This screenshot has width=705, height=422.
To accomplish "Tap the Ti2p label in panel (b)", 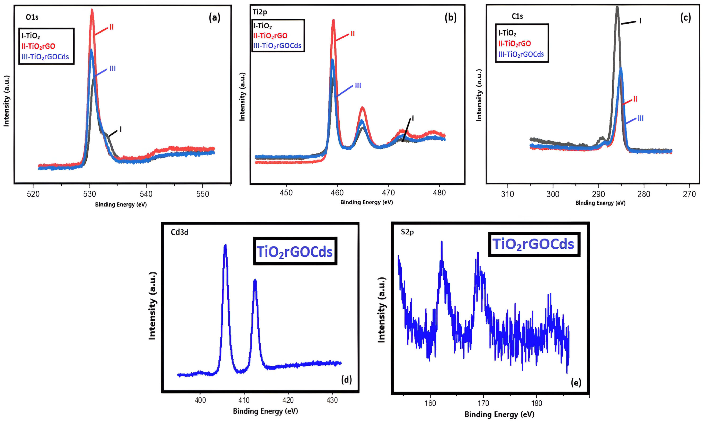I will pyautogui.click(x=260, y=12).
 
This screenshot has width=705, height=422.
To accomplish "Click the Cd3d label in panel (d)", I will pyautogui.click(x=179, y=232).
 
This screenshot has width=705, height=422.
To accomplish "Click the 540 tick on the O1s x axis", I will pyautogui.click(x=146, y=194).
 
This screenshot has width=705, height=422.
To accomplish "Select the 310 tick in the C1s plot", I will pyautogui.click(x=507, y=194).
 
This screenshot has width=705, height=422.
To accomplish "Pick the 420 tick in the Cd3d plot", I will pyautogui.click(x=288, y=400).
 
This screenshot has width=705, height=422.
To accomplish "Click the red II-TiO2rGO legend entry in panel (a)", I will pyautogui.click(x=38, y=46).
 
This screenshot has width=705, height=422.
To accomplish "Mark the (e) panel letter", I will pyautogui.click(x=576, y=383).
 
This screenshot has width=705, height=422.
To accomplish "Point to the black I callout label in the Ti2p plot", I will pyautogui.click(x=412, y=118).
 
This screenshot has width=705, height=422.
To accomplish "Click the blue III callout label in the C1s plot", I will pyautogui.click(x=640, y=118).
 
